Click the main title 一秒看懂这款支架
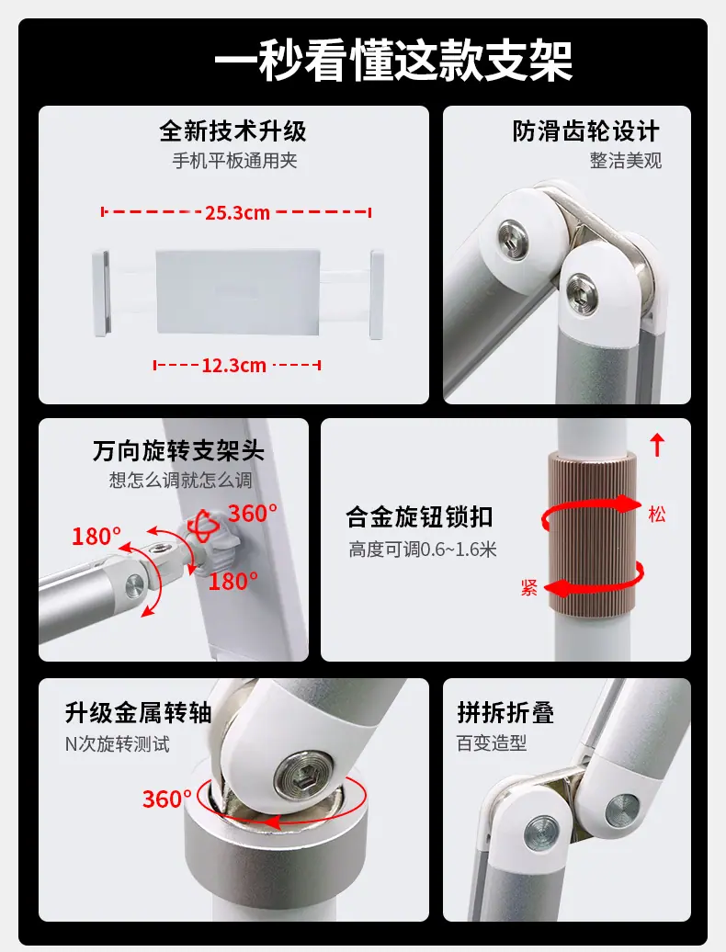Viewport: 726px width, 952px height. click(393, 61)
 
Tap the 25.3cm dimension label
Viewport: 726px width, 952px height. click(237, 213)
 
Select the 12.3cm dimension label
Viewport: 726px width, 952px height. click(234, 366)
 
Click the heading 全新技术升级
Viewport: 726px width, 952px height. click(233, 130)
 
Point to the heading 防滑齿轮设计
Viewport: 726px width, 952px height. click(585, 130)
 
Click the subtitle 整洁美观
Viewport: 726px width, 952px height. click(625, 161)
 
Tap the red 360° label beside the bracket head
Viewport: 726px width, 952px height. click(253, 514)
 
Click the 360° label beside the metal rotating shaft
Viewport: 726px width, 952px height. click(167, 799)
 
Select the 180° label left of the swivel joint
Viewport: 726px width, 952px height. click(96, 536)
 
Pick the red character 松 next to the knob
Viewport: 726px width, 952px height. click(657, 515)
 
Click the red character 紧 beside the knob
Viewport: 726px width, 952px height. click(528, 587)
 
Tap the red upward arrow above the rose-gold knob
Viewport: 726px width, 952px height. click(657, 445)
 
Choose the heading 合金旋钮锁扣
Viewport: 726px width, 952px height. click(419, 517)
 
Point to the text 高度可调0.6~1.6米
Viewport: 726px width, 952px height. click(423, 550)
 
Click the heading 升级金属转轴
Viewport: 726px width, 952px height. click(139, 713)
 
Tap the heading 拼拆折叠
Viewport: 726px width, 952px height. click(505, 713)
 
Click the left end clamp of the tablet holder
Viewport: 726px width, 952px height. click(101, 292)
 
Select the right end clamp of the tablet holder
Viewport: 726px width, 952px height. click(377, 293)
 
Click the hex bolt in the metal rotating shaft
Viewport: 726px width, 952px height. click(303, 774)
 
